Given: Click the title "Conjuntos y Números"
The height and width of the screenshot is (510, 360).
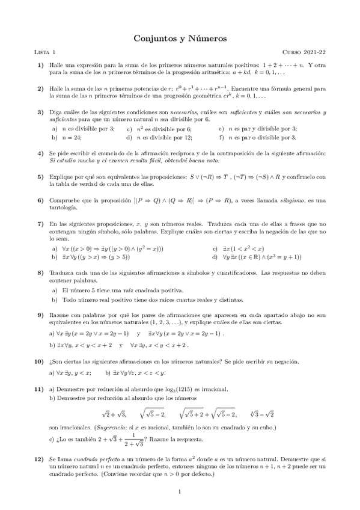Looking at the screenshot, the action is (x=180, y=38).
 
